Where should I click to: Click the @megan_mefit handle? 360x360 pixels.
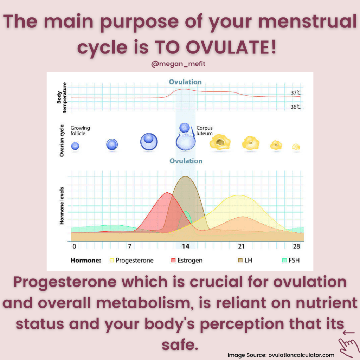point(178,64)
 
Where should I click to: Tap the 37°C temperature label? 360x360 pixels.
point(296,92)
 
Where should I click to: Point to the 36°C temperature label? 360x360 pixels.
point(296,107)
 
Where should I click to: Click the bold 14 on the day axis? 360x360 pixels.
point(186,246)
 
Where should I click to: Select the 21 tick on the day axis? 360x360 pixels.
point(241,246)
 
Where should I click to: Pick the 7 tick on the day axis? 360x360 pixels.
point(130,246)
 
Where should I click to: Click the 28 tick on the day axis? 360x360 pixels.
point(296,246)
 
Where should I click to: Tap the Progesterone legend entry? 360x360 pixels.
point(131,261)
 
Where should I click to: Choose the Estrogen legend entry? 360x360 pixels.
point(187,261)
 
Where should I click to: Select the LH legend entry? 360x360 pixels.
point(245,260)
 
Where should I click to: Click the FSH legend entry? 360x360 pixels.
point(291,260)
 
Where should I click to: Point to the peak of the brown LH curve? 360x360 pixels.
point(185,176)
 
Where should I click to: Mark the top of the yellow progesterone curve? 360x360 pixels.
point(239,195)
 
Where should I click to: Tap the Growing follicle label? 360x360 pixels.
point(80,130)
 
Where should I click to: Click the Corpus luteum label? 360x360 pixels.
point(204,130)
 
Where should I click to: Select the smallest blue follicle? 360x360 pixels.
point(75,146)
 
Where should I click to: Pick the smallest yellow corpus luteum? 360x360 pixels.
point(296,147)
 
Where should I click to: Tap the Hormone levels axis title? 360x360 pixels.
point(62,206)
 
